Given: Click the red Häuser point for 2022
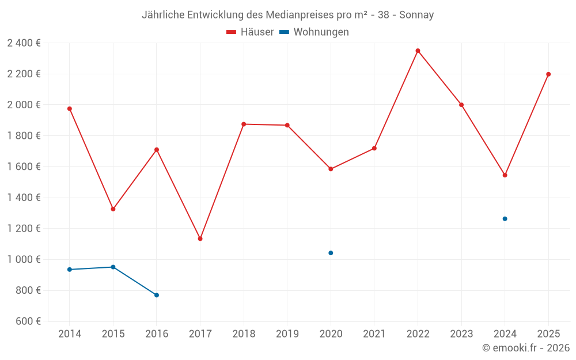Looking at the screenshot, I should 418,51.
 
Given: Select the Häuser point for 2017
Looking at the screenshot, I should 200,238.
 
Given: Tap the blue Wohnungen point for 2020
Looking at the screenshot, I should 331,253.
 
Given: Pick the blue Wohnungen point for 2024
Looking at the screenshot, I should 505,219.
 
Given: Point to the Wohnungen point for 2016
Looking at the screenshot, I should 157,295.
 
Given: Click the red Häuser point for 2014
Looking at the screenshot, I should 70,109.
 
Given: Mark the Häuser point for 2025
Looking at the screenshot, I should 548,74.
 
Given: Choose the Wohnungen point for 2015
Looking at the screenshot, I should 113,267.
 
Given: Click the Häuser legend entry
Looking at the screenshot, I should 250,32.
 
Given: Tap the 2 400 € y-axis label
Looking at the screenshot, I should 24,43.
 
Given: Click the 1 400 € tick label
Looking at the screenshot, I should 24,198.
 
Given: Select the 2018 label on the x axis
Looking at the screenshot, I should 244,334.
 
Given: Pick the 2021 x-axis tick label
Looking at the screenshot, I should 374,334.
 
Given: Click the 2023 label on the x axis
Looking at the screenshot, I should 461,334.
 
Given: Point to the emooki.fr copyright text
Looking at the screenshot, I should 526,348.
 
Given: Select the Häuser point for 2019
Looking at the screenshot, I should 287,125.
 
